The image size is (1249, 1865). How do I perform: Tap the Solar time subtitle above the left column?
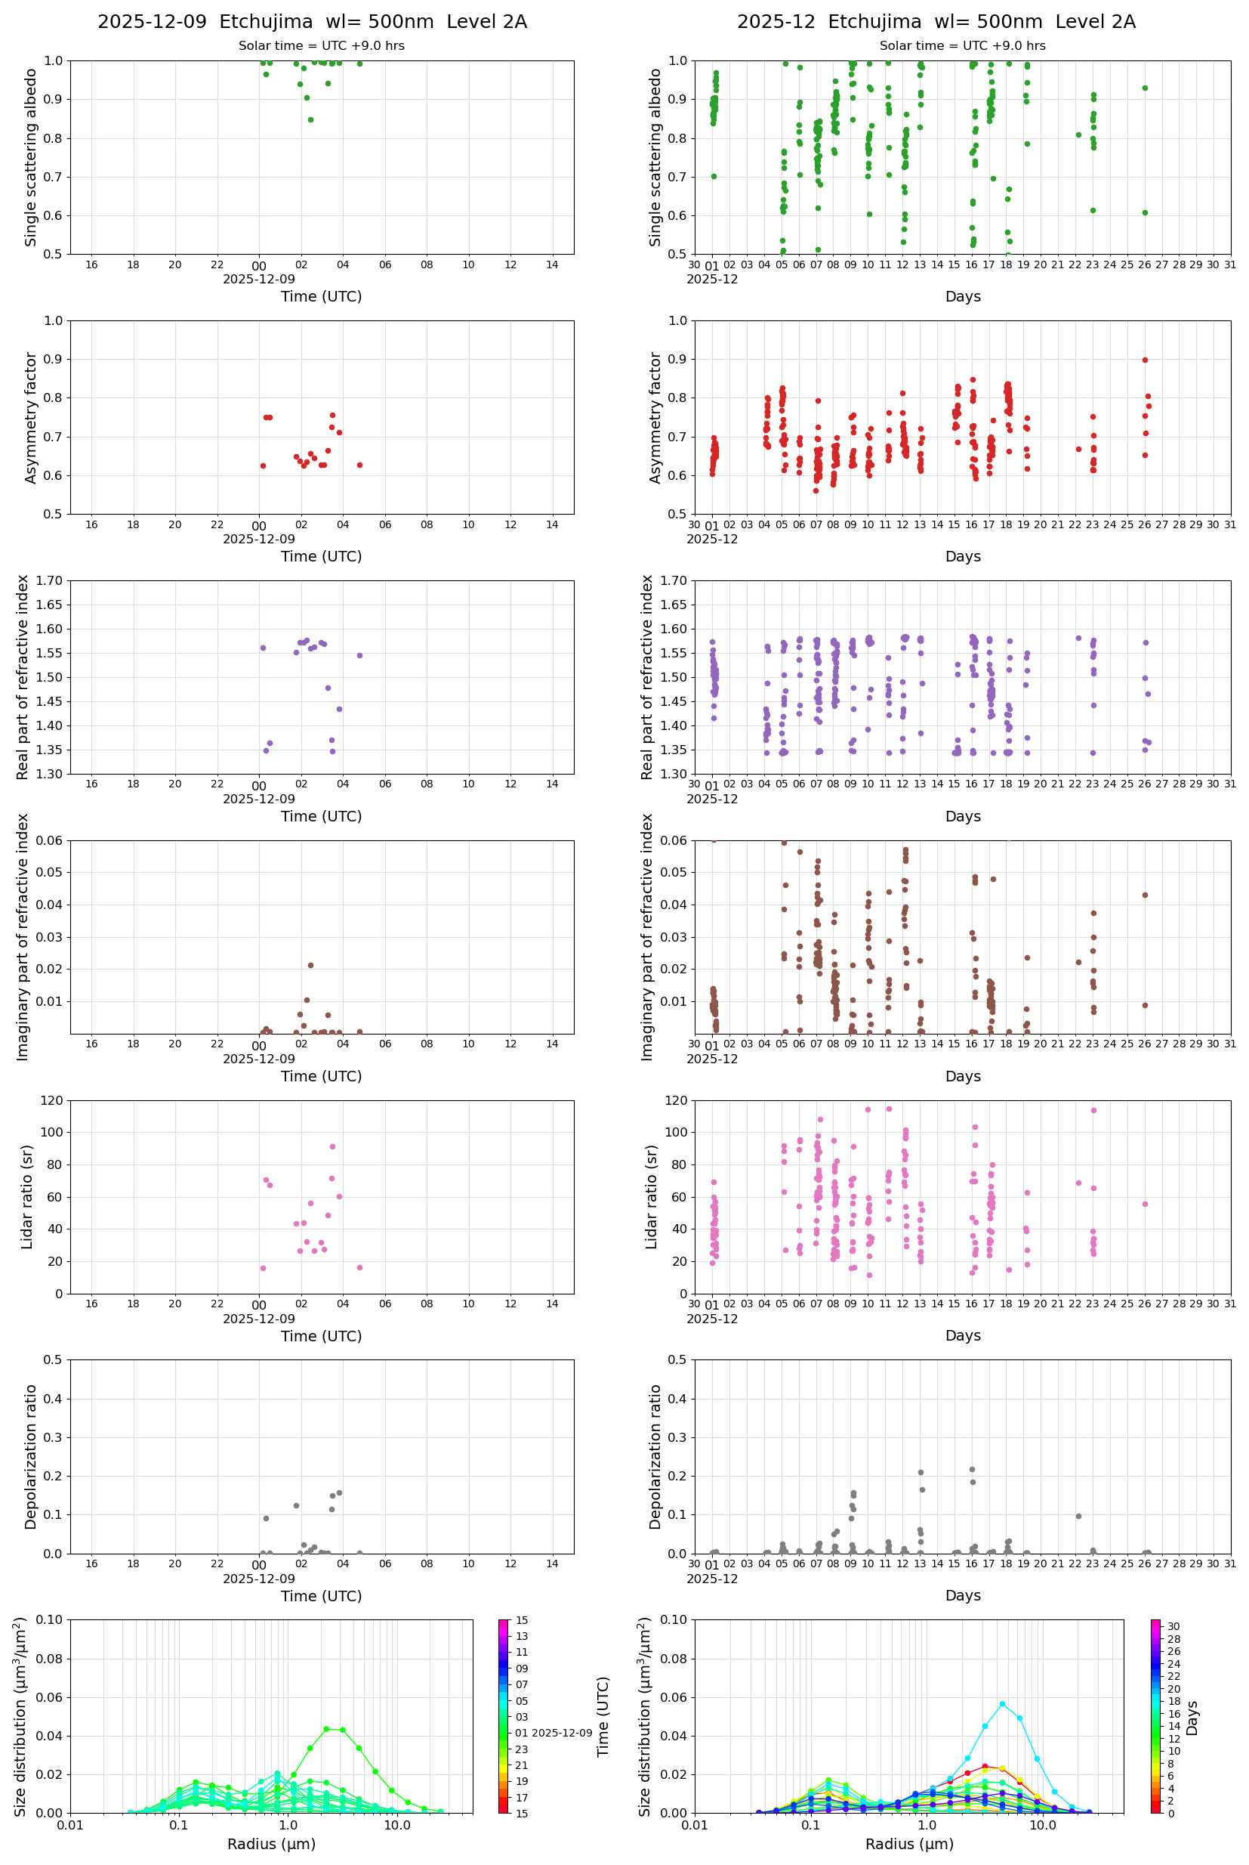pos(321,46)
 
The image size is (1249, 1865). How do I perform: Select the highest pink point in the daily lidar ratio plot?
pos(332,1147)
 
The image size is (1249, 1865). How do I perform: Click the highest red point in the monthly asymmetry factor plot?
pos(1145,360)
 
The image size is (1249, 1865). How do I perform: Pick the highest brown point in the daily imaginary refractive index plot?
pos(310,965)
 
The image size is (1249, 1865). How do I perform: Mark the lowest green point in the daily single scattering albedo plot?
pos(310,119)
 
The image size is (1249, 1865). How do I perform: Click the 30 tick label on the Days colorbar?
pos(1173,1626)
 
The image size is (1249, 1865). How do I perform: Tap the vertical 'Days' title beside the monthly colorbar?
pos(1192,1718)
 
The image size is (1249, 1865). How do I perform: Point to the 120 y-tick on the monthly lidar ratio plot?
pos(677,1101)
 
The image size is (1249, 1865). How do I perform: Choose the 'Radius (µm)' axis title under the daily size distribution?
pos(271,1844)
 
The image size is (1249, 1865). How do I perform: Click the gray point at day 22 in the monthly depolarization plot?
pos(1078,1516)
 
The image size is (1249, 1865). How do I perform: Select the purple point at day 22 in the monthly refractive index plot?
pos(1078,639)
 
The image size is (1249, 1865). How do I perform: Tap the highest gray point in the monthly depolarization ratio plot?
pos(972,1469)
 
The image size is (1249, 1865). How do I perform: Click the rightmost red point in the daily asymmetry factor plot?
pos(359,465)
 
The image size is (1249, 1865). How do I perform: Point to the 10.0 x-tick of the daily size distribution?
pos(396,1825)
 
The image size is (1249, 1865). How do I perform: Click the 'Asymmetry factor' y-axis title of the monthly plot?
pos(655,418)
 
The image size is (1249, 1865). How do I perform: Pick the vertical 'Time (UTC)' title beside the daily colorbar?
pos(603,1717)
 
